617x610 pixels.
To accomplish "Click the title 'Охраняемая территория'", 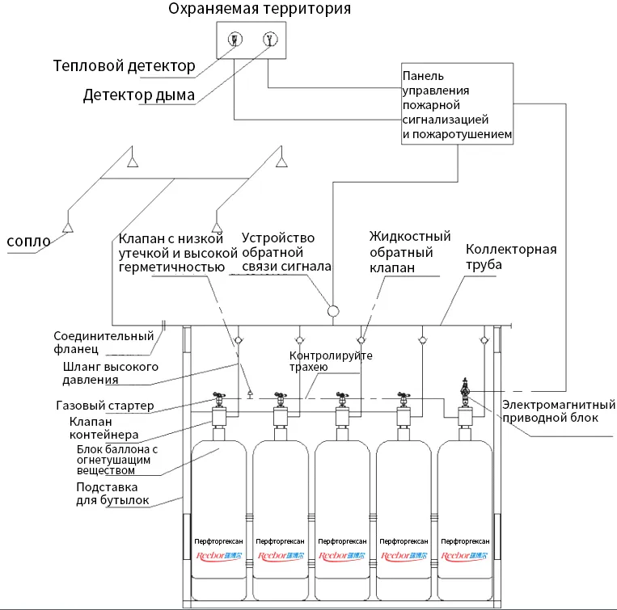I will click(260, 10).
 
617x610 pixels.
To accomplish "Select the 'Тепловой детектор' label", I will click(124, 66).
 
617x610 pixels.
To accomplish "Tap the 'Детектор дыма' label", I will click(138, 95).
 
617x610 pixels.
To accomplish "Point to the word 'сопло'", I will click(28, 241).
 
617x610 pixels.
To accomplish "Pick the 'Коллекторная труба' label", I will click(511, 257).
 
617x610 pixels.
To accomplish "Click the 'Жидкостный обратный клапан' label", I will click(409, 252).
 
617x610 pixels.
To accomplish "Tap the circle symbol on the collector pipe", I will click(332, 310).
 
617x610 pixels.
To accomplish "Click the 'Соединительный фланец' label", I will click(104, 343).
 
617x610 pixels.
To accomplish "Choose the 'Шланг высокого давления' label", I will click(110, 374).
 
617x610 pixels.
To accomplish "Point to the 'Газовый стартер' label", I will click(105, 405).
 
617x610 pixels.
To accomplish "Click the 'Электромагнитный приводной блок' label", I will click(550, 411).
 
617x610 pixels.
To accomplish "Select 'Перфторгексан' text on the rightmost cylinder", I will click(465, 541).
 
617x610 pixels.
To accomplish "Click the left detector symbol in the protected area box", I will click(234, 40).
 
